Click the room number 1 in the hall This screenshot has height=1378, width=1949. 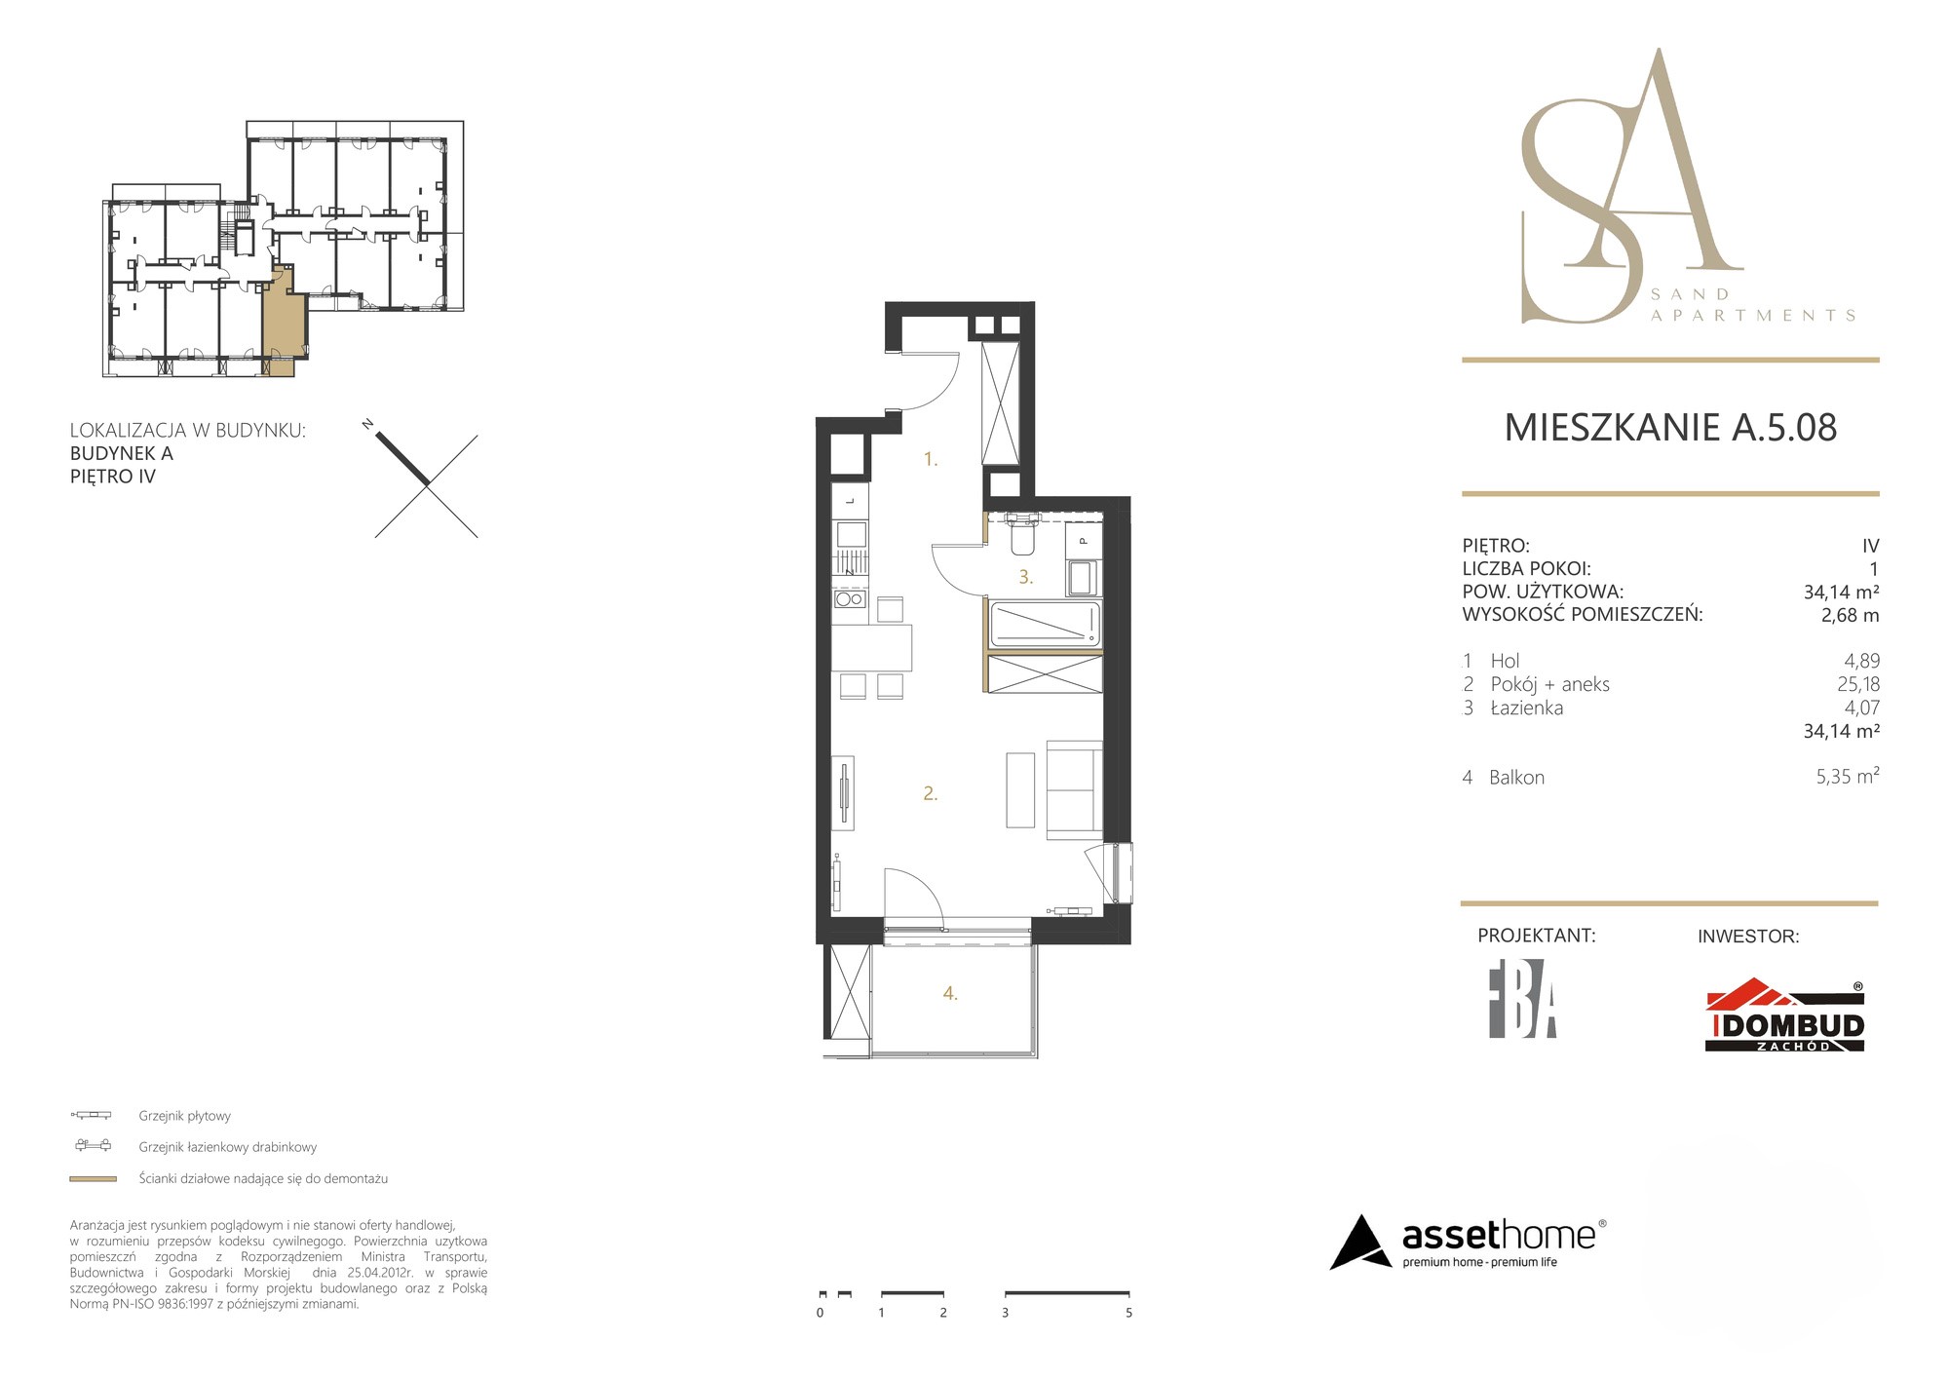tap(931, 459)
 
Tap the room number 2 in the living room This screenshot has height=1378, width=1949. tap(931, 794)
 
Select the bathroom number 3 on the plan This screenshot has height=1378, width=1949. tap(1026, 577)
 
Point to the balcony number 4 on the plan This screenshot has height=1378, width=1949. tap(950, 994)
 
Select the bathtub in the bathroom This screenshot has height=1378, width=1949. tap(1046, 624)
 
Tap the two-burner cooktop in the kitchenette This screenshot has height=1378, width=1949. tap(850, 598)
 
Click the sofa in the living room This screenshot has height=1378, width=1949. tap(1075, 789)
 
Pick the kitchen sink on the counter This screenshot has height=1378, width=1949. tap(851, 534)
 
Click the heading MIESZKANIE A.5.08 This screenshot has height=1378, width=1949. tap(1670, 428)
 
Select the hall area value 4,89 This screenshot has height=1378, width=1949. tap(1861, 661)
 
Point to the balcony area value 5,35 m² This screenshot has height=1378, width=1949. tap(1848, 777)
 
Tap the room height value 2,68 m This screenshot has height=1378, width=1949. tap(1850, 615)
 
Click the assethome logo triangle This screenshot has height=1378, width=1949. tap(1360, 1243)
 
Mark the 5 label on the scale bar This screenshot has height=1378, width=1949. tap(1128, 1313)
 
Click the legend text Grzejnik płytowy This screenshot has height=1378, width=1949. tap(185, 1116)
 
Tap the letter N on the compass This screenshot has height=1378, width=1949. tap(367, 424)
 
